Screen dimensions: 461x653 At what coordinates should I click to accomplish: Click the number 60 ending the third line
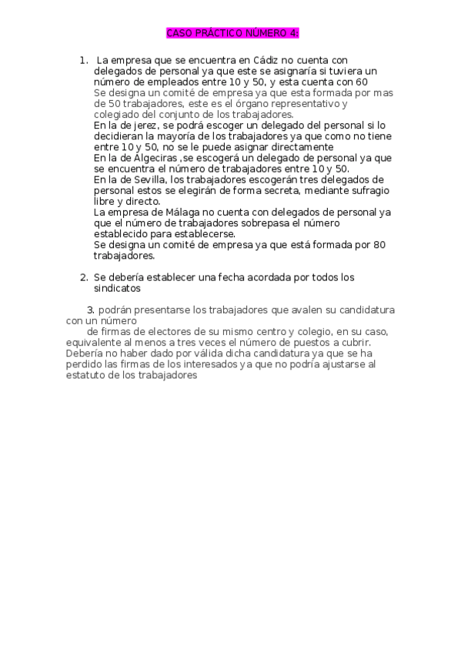[362, 81]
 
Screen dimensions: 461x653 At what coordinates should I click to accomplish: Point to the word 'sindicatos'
[117, 289]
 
